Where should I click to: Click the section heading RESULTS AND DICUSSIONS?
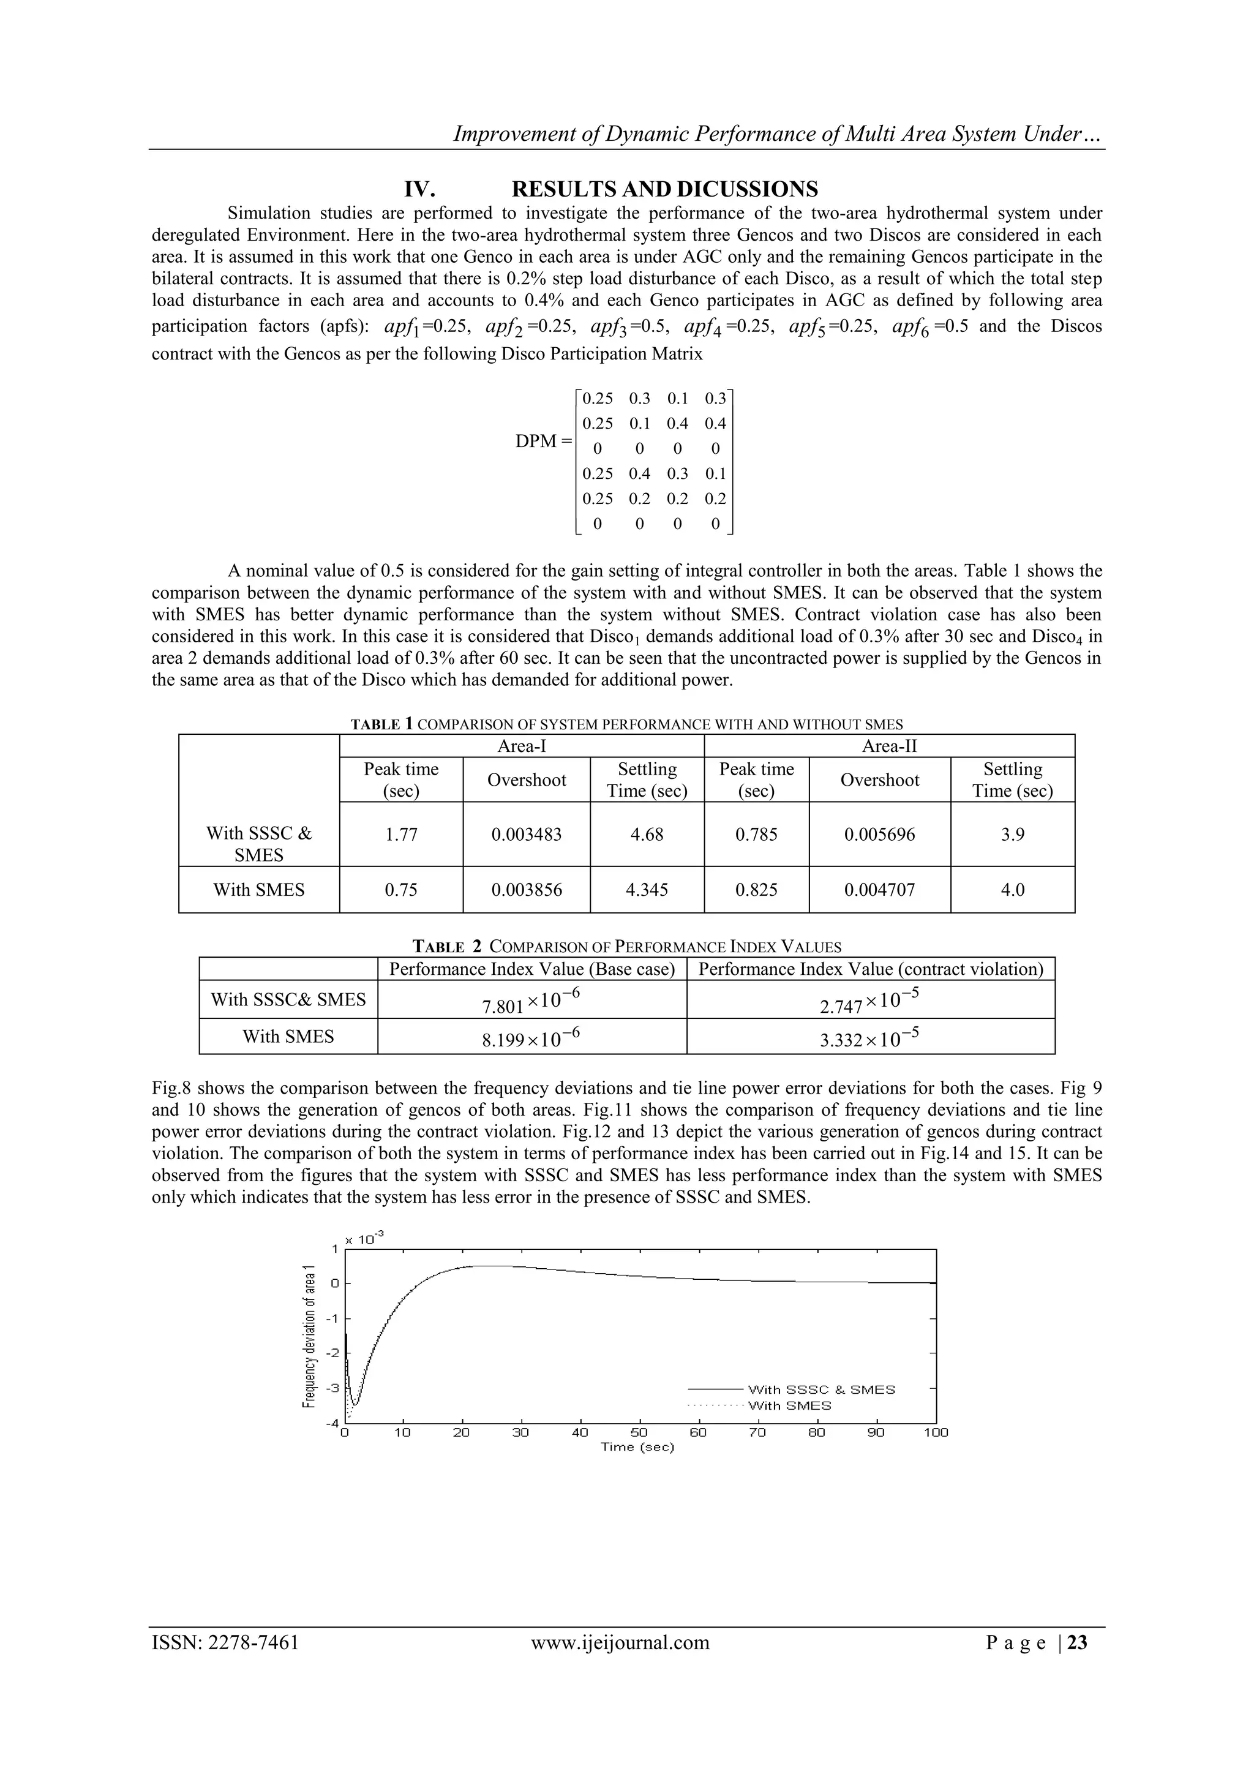click(x=664, y=189)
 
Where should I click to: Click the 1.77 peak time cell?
click(x=401, y=835)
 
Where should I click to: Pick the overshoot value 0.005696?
click(x=879, y=835)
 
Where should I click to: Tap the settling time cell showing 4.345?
click(x=647, y=890)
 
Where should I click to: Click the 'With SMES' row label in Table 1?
click(x=259, y=890)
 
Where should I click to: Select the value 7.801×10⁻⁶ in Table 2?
click(x=531, y=1001)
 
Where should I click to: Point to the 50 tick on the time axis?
click(x=639, y=1432)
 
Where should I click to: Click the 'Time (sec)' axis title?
click(x=637, y=1447)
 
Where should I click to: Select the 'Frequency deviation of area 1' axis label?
click(x=309, y=1337)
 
